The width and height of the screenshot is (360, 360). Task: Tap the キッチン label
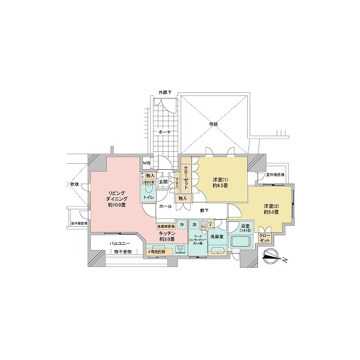click(x=167, y=236)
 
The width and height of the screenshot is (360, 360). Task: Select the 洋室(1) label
click(x=220, y=182)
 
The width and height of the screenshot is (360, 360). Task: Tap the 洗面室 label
click(x=216, y=238)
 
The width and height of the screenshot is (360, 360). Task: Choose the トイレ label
click(x=147, y=196)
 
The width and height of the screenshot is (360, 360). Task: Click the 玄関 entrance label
click(x=163, y=181)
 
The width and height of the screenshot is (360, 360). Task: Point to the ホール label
click(x=166, y=206)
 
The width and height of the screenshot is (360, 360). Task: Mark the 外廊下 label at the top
click(x=164, y=91)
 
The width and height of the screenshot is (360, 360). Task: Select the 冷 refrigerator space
click(x=181, y=224)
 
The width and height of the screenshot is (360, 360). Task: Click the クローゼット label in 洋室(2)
click(x=264, y=239)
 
